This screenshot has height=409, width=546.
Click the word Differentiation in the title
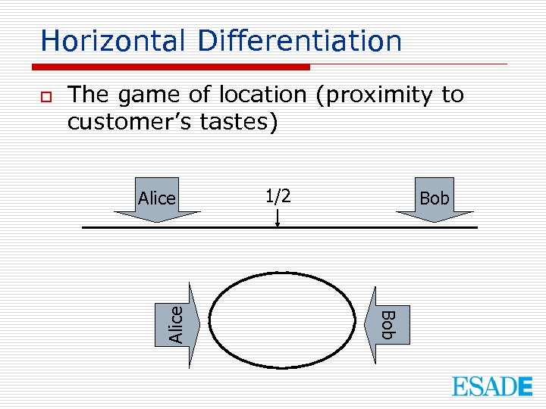click(300, 41)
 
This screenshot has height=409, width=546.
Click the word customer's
click(130, 121)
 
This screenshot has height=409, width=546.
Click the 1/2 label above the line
click(278, 196)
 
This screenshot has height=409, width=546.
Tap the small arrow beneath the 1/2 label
click(278, 218)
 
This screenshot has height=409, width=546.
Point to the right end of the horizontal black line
click(476, 227)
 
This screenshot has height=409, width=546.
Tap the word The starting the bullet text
click(88, 95)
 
